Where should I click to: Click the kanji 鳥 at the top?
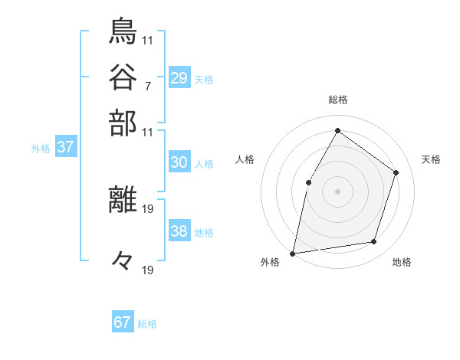[x=123, y=31]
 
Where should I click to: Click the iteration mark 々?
[x=123, y=261]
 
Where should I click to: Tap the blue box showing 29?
[x=179, y=78]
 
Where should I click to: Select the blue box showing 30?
[x=179, y=162]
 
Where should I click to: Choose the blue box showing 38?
[x=179, y=231]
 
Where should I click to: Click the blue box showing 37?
[x=65, y=147]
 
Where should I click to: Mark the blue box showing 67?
[x=123, y=322]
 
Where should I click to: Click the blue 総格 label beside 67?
[x=147, y=324]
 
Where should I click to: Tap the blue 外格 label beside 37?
[x=41, y=149]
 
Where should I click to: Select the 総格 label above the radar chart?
[x=337, y=100]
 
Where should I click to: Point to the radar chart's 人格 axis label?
[x=245, y=159]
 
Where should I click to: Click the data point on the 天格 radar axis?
[x=396, y=172]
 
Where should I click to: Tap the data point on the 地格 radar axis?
[x=374, y=242]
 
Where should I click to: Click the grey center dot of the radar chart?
[x=337, y=191]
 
